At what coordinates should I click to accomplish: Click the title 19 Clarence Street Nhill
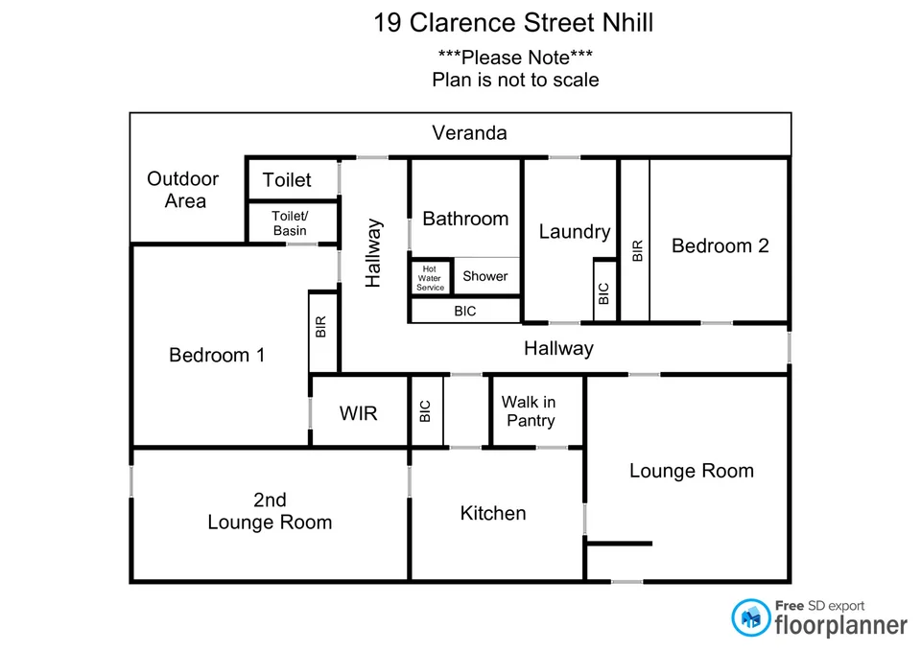click(513, 23)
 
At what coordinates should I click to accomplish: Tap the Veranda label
click(469, 133)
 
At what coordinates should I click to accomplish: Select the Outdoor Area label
click(183, 190)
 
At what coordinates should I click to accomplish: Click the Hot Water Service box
click(431, 278)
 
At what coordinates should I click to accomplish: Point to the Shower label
click(485, 276)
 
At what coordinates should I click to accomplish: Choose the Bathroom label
click(465, 219)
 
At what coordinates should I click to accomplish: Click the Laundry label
click(574, 231)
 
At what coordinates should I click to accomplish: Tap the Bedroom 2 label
click(720, 245)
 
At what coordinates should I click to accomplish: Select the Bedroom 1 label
click(217, 356)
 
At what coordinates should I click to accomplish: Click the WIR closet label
click(358, 413)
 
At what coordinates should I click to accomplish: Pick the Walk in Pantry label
click(529, 411)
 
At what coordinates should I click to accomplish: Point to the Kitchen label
click(493, 513)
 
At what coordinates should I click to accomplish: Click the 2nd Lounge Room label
click(270, 511)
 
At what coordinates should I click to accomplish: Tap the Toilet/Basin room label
click(290, 223)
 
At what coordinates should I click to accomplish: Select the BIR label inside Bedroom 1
click(321, 327)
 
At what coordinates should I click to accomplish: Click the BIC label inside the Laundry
click(603, 293)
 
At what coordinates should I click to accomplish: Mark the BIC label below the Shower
click(464, 312)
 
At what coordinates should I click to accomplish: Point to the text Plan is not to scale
click(515, 80)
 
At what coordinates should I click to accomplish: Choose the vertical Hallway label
click(373, 254)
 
